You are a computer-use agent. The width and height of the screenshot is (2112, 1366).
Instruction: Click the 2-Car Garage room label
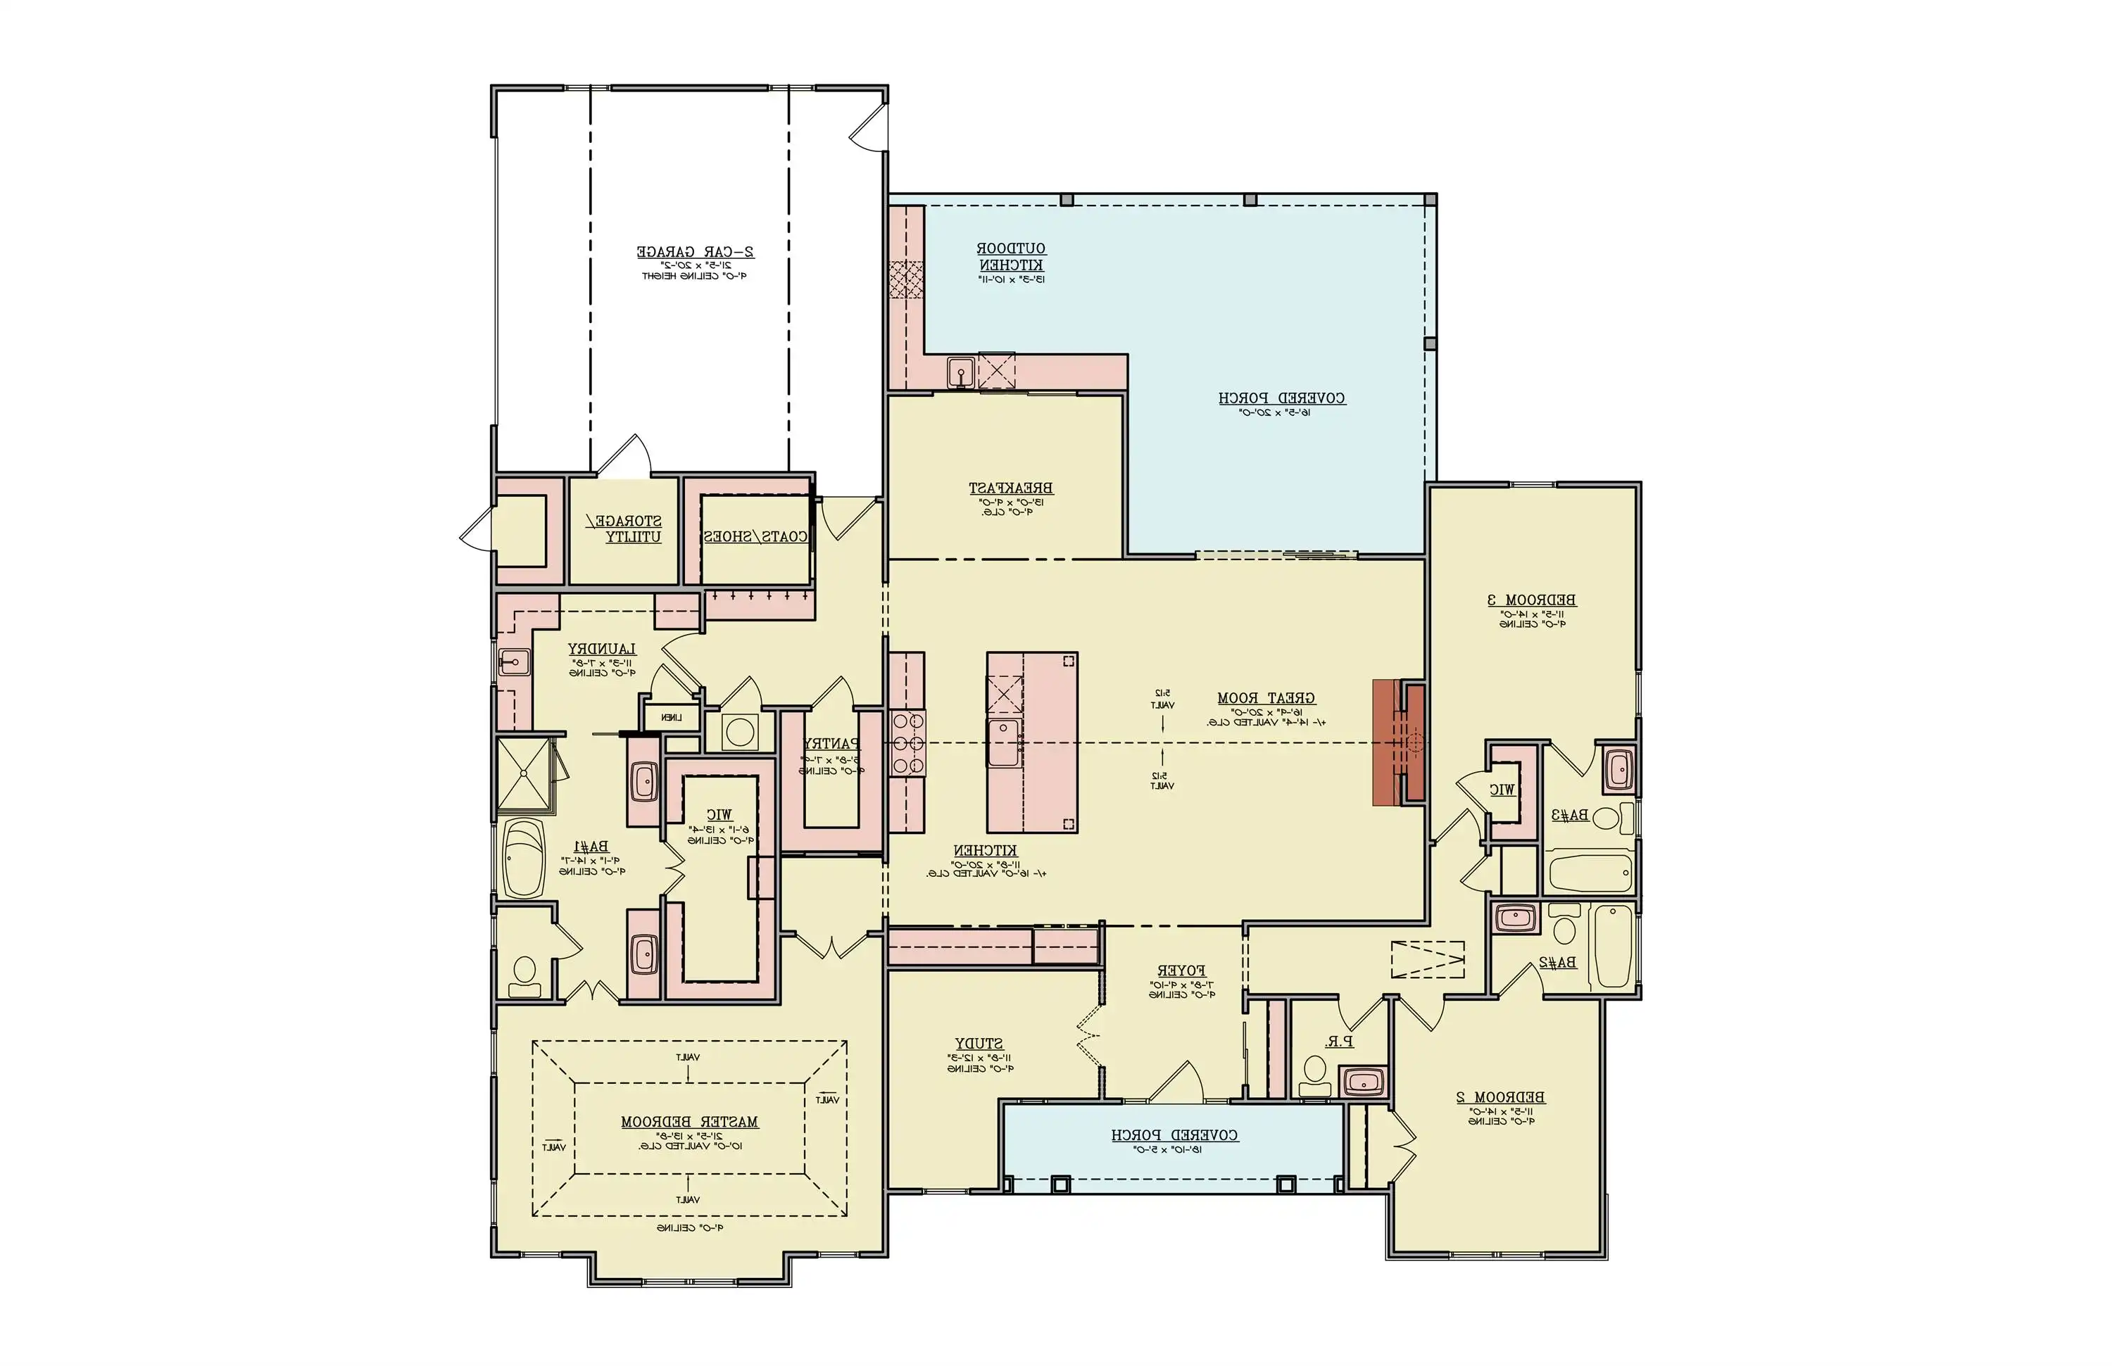click(x=695, y=253)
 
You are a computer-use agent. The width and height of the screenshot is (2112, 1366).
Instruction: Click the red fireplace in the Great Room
click(x=1397, y=742)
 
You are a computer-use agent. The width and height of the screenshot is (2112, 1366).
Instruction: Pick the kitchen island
click(x=1032, y=742)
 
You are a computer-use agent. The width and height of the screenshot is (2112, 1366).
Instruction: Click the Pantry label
click(x=831, y=744)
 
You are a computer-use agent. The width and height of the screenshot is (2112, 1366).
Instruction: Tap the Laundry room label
click(x=602, y=650)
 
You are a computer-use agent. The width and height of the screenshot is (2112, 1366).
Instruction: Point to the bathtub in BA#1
click(x=524, y=859)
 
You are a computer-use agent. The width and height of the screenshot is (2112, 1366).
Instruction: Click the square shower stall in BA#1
click(x=524, y=774)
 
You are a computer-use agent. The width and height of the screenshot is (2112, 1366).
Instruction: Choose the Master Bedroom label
click(x=689, y=1122)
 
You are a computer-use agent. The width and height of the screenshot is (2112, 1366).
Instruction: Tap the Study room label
click(x=979, y=1044)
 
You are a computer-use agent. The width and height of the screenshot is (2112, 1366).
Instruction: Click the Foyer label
click(x=1181, y=971)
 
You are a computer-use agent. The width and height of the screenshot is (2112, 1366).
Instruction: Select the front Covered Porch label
click(x=1174, y=1135)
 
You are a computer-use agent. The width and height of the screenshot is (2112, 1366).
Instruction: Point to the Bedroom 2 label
click(x=1500, y=1098)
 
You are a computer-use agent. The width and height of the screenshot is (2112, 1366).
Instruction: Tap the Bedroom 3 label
click(x=1532, y=600)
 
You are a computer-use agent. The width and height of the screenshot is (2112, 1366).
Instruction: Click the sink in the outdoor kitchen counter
click(x=960, y=372)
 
